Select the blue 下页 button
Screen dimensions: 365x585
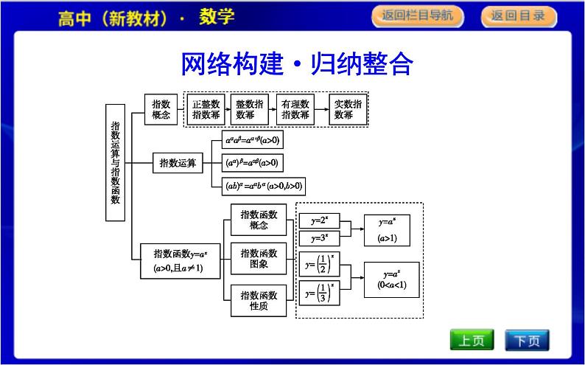pos(527,341)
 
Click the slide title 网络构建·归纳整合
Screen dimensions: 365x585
pos(296,63)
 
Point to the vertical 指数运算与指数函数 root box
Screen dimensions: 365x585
pos(115,162)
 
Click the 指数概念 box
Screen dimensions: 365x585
pos(161,109)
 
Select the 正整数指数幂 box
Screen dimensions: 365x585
pos(206,109)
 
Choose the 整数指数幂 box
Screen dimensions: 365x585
pos(250,109)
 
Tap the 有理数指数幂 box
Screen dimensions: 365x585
pos(295,109)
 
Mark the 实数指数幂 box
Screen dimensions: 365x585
pos(348,109)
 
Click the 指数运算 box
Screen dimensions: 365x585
pos(178,163)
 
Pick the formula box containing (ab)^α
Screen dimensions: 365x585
pos(265,186)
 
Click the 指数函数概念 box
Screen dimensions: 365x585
pos(259,220)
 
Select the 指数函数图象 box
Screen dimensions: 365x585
pos(259,259)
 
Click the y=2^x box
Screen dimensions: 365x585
pos(318,220)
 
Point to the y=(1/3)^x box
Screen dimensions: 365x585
pos(318,293)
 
